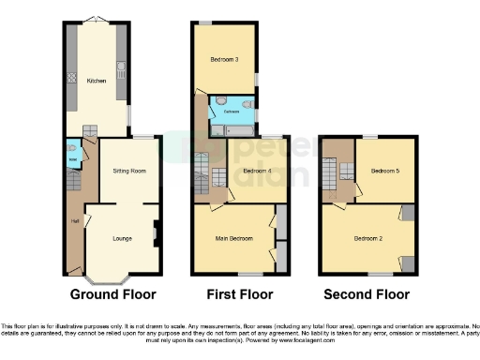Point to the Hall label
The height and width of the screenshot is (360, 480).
(x=74, y=221)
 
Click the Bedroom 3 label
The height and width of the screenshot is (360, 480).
(x=224, y=60)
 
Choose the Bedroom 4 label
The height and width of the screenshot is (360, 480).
(x=257, y=172)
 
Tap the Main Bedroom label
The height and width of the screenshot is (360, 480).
(x=235, y=239)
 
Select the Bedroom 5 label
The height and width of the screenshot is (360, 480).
(x=384, y=172)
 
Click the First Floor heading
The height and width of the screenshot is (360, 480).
(x=238, y=294)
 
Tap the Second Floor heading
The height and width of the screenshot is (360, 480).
(x=367, y=294)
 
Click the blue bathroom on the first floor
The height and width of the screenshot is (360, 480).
(x=231, y=110)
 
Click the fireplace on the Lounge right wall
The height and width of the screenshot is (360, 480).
(x=156, y=231)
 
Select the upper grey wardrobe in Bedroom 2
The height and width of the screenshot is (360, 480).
(x=408, y=214)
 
